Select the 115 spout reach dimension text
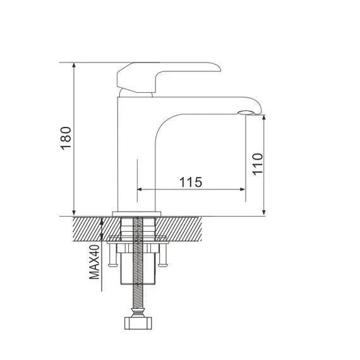[x=190, y=182]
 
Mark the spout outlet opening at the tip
[x=246, y=114]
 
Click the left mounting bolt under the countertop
[x=112, y=255]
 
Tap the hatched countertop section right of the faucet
[x=183, y=228]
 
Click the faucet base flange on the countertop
[x=138, y=213]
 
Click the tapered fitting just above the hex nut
[x=138, y=311]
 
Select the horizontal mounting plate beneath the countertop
[x=138, y=241]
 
